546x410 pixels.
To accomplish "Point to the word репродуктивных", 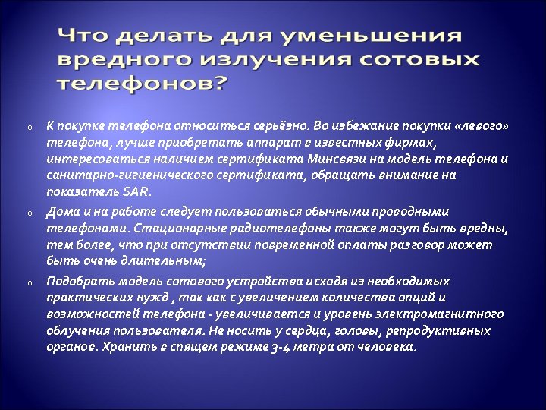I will point(444,331).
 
